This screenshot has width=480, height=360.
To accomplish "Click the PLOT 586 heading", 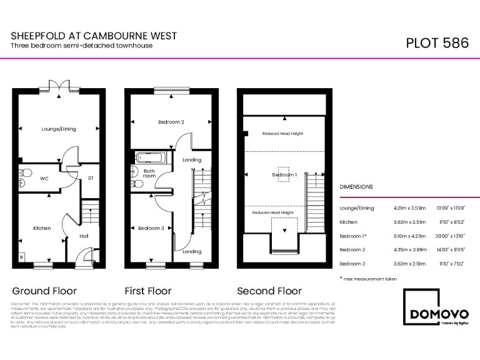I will (x=437, y=43).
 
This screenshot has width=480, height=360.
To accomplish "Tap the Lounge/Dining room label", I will (x=59, y=129).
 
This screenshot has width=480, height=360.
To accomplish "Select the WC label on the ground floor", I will (x=44, y=178).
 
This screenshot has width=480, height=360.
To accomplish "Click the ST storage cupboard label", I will (x=91, y=178).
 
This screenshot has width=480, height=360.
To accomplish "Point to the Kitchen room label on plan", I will (x=42, y=228).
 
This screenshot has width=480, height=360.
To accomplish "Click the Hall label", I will (x=84, y=236).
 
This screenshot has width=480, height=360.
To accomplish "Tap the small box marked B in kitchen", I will (x=21, y=257).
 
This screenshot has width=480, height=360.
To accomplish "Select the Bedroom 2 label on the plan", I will (x=171, y=122).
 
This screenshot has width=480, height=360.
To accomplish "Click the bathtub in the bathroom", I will (x=149, y=158).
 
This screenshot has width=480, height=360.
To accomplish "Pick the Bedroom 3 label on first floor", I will (x=151, y=228).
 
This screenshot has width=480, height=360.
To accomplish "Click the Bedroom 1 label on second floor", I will (x=284, y=175).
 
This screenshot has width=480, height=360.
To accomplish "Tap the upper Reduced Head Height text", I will (x=282, y=134).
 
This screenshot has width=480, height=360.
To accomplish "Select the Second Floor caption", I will (x=269, y=291).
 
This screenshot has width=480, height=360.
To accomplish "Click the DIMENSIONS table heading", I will (x=356, y=187).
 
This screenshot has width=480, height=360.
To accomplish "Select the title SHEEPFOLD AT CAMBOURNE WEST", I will (x=94, y=37).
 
